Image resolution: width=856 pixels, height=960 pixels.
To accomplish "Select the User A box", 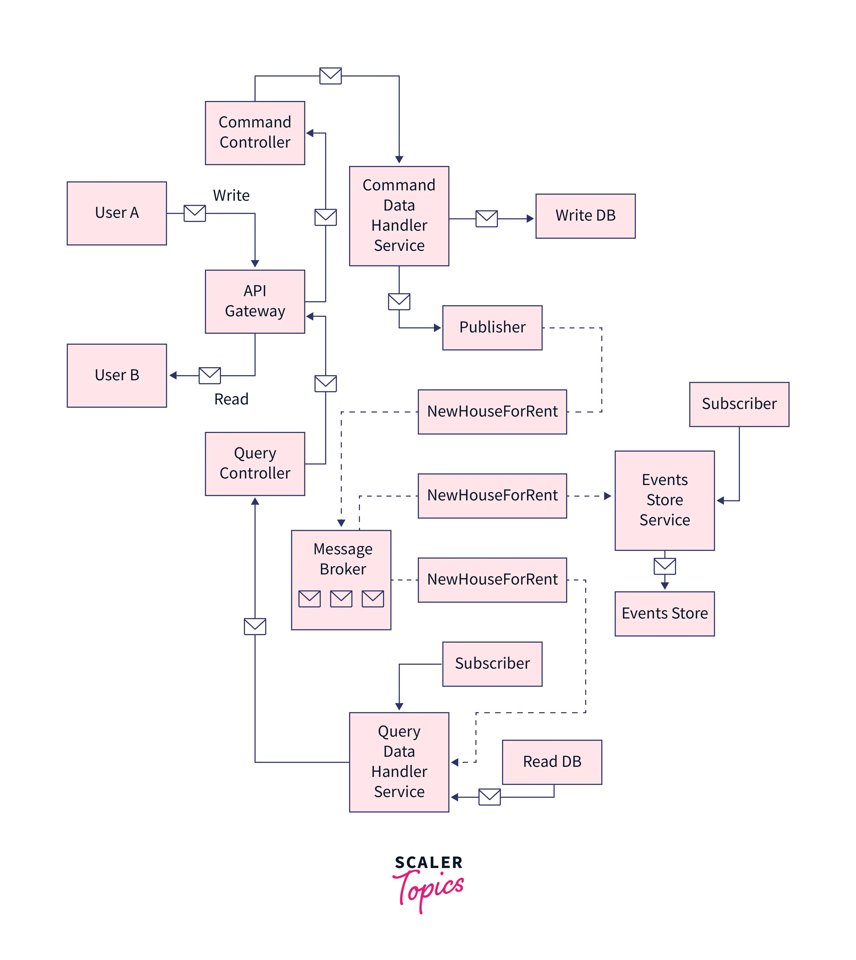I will (117, 213).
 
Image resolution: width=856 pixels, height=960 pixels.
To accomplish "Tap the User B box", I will (117, 375).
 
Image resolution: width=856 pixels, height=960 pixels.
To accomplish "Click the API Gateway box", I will (255, 302).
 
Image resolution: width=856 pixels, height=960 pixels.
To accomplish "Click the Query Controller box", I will (255, 464).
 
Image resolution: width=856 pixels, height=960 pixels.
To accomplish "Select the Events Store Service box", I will (664, 500).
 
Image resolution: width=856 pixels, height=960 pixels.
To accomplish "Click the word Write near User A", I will (231, 195).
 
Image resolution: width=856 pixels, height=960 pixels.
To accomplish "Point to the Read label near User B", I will (231, 399).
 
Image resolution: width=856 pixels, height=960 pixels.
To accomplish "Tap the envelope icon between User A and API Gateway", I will (195, 213).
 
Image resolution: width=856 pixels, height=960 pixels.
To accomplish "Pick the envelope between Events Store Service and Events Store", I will (664, 566).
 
